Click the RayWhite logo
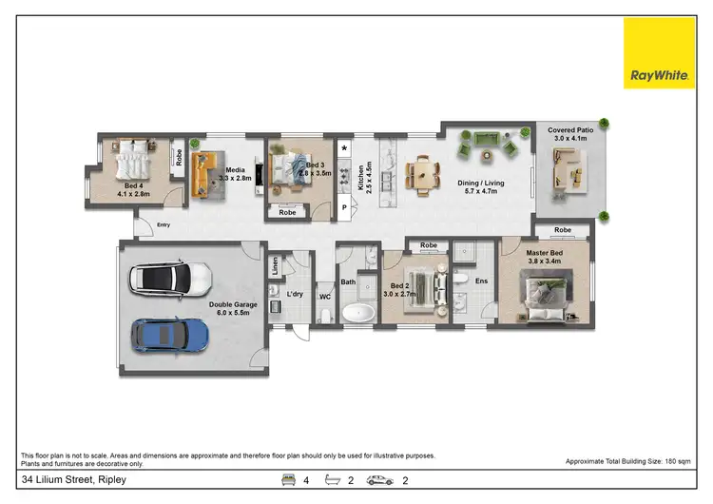pyautogui.click(x=659, y=53)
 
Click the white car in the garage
pyautogui.click(x=170, y=279)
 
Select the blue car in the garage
pyautogui.click(x=171, y=333)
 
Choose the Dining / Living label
pyautogui.click(x=482, y=187)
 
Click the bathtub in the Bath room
pyautogui.click(x=359, y=313)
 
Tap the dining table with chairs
pyautogui.click(x=423, y=174)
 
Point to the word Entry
pyautogui.click(x=164, y=224)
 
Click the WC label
pyautogui.click(x=323, y=298)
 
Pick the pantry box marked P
pyautogui.click(x=344, y=207)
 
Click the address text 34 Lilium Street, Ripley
pyautogui.click(x=72, y=480)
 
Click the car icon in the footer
pyautogui.click(x=379, y=480)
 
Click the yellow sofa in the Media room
pyautogui.click(x=202, y=175)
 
